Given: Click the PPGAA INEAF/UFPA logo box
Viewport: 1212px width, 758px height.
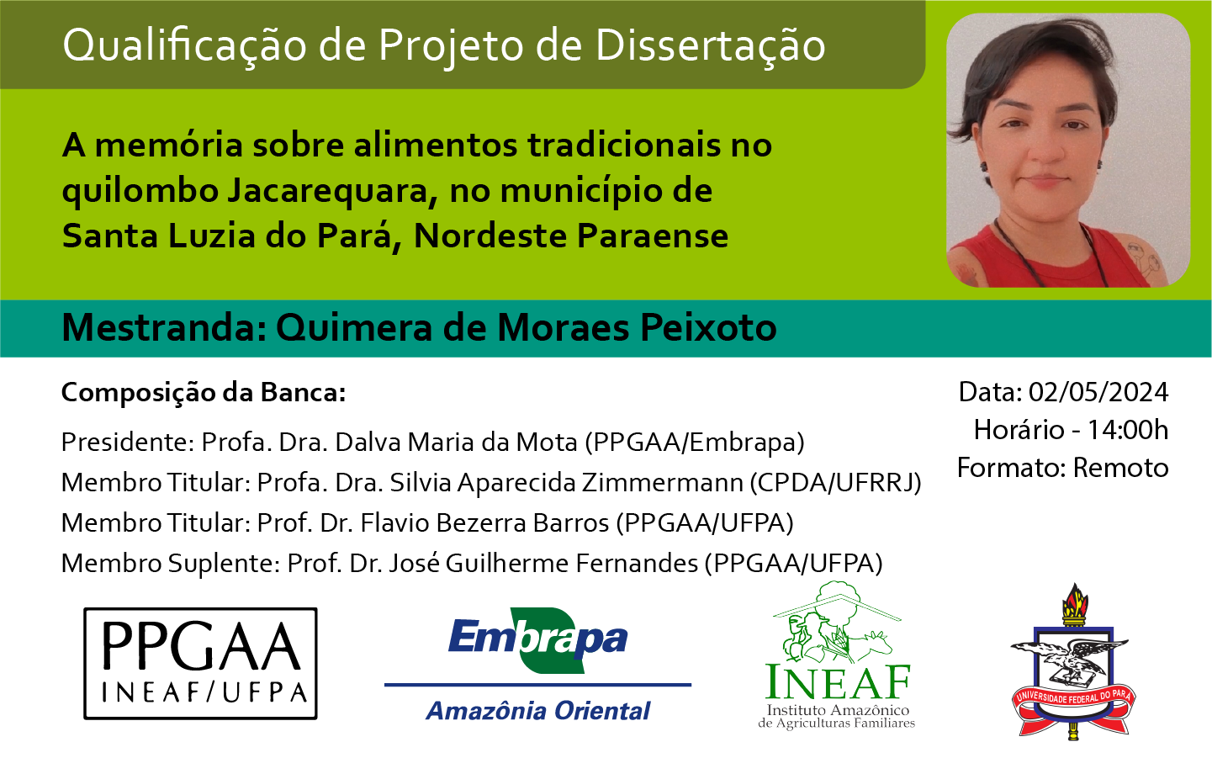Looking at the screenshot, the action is (x=200, y=663).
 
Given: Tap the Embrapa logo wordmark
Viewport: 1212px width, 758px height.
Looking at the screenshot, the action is (x=537, y=639).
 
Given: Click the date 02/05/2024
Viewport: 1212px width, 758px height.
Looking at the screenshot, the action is (x=1098, y=392).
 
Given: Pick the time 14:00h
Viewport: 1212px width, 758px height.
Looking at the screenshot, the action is (x=1128, y=430).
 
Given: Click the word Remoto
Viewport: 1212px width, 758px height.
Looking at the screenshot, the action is (x=1120, y=468).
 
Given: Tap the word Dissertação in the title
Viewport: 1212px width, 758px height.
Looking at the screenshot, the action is (x=711, y=45).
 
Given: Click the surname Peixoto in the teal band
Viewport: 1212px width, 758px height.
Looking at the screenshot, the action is (x=709, y=328).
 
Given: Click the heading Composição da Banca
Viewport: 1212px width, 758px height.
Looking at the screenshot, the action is (x=204, y=393).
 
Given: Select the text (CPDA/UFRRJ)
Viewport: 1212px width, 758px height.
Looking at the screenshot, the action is (x=835, y=483).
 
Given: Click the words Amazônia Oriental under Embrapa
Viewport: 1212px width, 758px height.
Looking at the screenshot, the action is (x=537, y=711).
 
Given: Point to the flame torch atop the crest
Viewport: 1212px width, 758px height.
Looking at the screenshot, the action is (x=1075, y=602).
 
